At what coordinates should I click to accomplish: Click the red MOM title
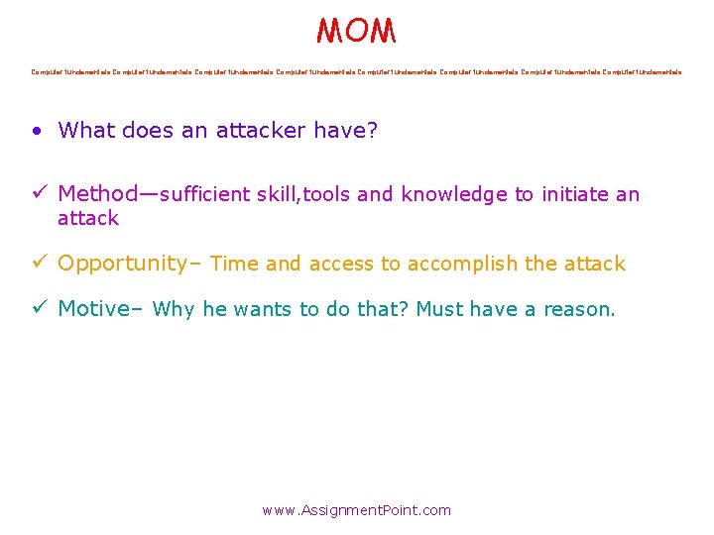click(x=356, y=31)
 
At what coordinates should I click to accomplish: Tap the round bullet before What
click(x=37, y=131)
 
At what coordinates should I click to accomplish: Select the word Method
click(x=97, y=194)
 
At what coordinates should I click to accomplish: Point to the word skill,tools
click(x=303, y=194)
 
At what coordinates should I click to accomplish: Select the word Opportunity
click(x=122, y=264)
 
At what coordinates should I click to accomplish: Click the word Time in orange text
click(x=234, y=264)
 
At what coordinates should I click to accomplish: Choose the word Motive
click(x=93, y=309)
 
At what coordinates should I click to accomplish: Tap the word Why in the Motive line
click(x=174, y=309)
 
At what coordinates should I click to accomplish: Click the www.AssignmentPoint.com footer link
click(x=356, y=510)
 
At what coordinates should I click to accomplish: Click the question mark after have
click(x=372, y=130)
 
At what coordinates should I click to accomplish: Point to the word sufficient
click(x=204, y=194)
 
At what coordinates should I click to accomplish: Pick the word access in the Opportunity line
click(x=341, y=264)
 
